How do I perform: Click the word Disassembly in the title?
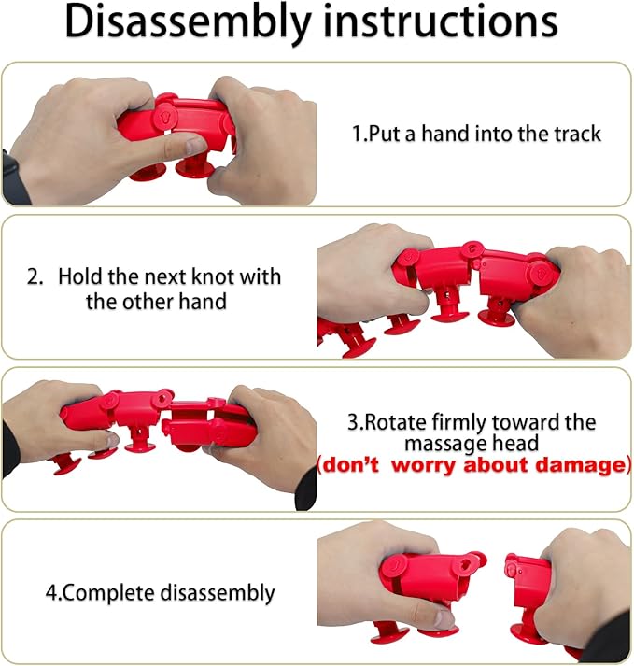[x=189, y=22]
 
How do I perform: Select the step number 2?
[x=33, y=276]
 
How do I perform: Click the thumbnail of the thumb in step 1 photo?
[x=196, y=146]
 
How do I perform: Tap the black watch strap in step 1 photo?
[x=15, y=178]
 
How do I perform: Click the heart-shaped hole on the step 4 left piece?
[x=465, y=565]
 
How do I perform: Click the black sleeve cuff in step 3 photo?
[x=306, y=489]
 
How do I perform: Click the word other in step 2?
[x=147, y=302]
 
